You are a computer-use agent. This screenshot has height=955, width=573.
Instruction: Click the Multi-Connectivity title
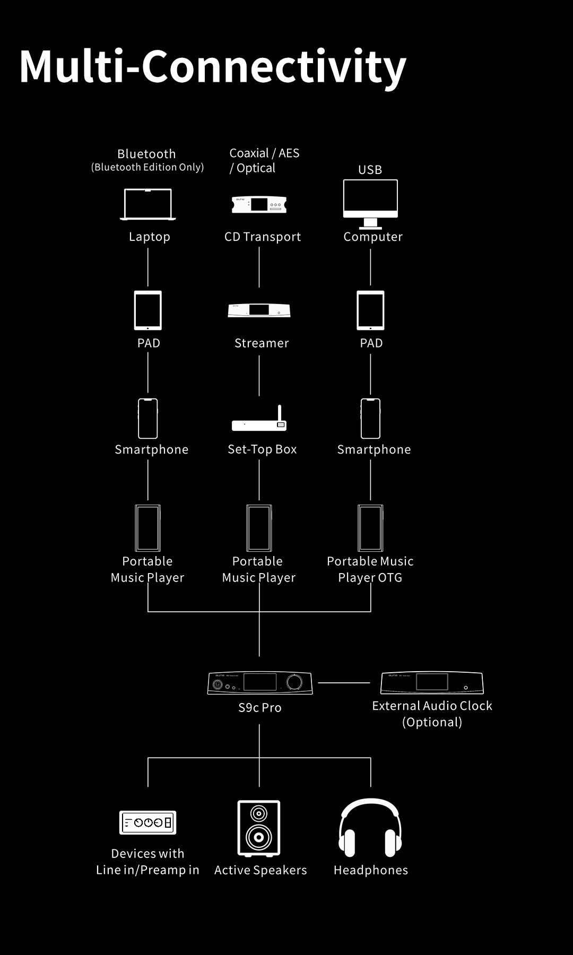tap(212, 67)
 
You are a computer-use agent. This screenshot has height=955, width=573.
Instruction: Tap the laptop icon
tap(148, 204)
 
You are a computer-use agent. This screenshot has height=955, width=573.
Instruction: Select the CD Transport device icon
tap(259, 204)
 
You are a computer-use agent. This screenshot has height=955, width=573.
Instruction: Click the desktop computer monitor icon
tap(370, 202)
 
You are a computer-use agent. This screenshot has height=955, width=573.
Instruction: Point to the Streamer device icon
tap(259, 310)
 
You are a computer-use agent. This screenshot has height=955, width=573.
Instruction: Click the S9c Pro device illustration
tap(259, 683)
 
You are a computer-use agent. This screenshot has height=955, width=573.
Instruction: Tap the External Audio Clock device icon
tap(432, 683)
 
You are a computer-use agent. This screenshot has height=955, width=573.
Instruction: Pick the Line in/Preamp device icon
tap(147, 823)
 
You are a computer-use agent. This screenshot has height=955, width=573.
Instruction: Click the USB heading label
tap(370, 170)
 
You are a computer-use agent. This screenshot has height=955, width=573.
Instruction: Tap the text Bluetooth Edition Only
tap(147, 167)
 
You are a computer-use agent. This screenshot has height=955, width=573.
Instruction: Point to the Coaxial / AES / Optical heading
tap(264, 160)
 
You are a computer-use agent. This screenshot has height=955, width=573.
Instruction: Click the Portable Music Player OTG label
tap(370, 569)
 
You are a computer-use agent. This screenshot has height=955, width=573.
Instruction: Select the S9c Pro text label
tap(259, 708)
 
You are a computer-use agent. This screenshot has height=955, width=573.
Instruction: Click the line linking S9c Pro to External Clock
tap(344, 683)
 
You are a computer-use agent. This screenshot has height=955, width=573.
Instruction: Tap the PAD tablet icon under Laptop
tap(148, 310)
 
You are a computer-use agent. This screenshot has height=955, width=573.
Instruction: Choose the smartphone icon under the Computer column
tap(370, 419)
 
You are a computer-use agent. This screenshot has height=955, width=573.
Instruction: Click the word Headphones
tap(370, 870)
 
